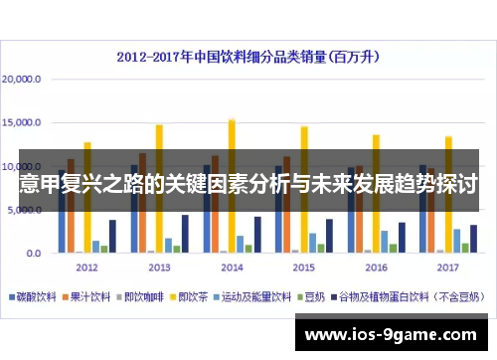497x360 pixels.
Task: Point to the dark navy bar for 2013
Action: tap(185, 234)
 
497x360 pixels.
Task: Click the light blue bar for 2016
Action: tap(385, 242)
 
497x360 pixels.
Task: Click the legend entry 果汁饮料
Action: tap(89, 296)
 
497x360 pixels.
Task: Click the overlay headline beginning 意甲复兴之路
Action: tap(248, 184)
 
